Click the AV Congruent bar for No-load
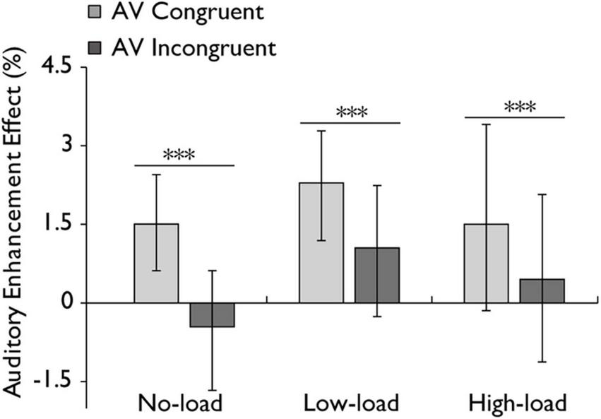[156, 263]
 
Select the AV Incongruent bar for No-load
[213, 315]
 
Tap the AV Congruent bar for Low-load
[321, 242]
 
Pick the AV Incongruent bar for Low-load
[378, 275]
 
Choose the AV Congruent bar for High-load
[487, 263]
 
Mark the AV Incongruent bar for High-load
[542, 290]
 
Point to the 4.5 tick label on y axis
[56, 69]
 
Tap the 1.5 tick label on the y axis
[57, 224]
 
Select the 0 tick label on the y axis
[65, 302]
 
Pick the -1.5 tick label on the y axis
[52, 381]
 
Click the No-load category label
[179, 403]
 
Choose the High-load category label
[517, 403]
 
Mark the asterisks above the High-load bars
[520, 107]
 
